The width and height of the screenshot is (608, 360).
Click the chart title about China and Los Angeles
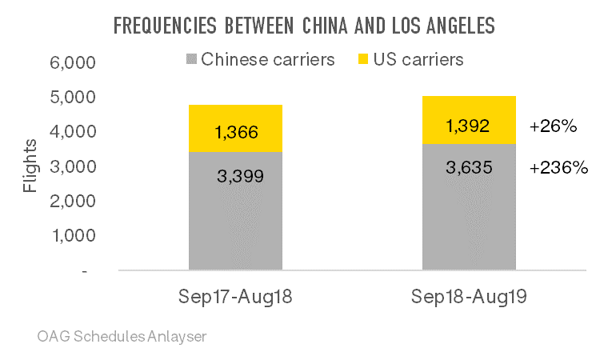click(x=304, y=26)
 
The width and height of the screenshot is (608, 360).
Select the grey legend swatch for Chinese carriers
click(x=191, y=60)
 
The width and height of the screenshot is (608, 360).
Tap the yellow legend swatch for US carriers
click(x=362, y=60)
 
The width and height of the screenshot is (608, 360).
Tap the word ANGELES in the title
click(x=456, y=26)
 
